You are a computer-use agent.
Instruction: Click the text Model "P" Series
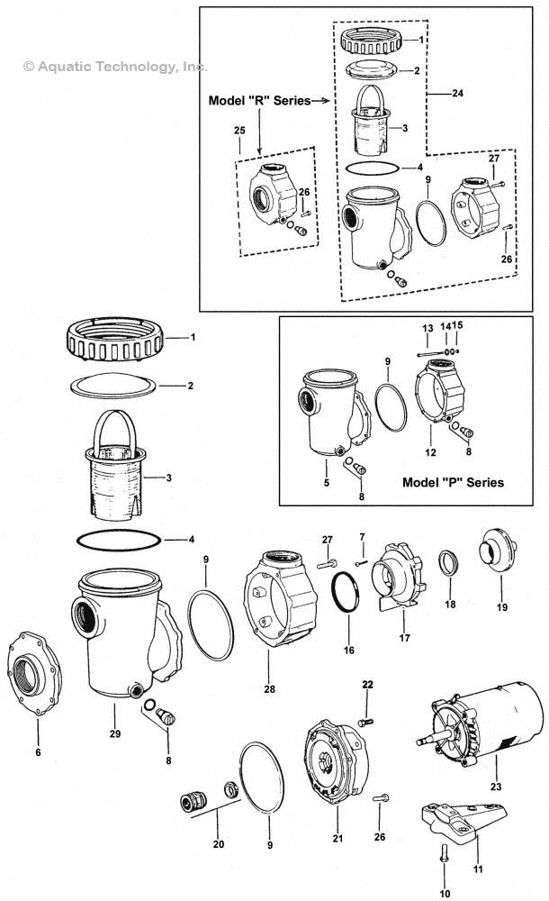point(453,482)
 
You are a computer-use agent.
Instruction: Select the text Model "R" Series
point(259,101)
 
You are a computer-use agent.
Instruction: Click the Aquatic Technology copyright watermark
point(116,66)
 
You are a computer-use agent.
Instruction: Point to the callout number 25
point(239,131)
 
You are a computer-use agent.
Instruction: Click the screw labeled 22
point(364,720)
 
